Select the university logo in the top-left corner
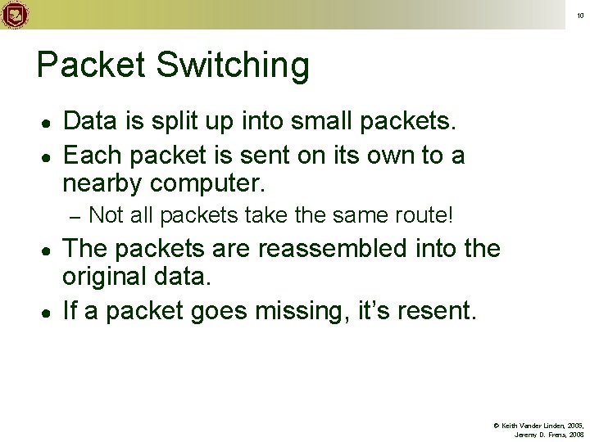tap(14, 14)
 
